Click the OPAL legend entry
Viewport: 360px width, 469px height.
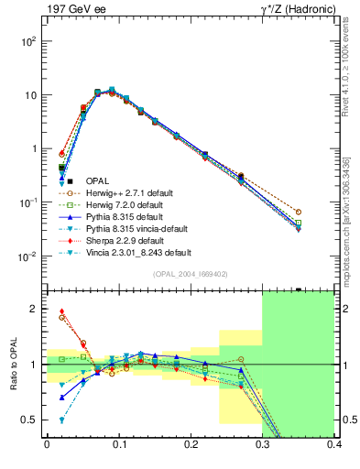100,181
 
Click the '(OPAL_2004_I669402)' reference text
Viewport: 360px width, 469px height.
191,273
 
